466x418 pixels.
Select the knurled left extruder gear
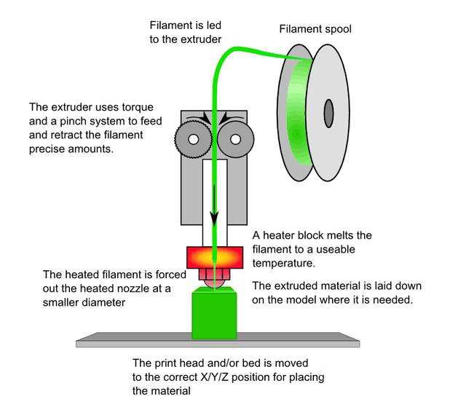[x=193, y=138]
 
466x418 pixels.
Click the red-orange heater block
[x=216, y=257]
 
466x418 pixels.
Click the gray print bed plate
[x=218, y=340]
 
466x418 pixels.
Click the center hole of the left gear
[x=194, y=138]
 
